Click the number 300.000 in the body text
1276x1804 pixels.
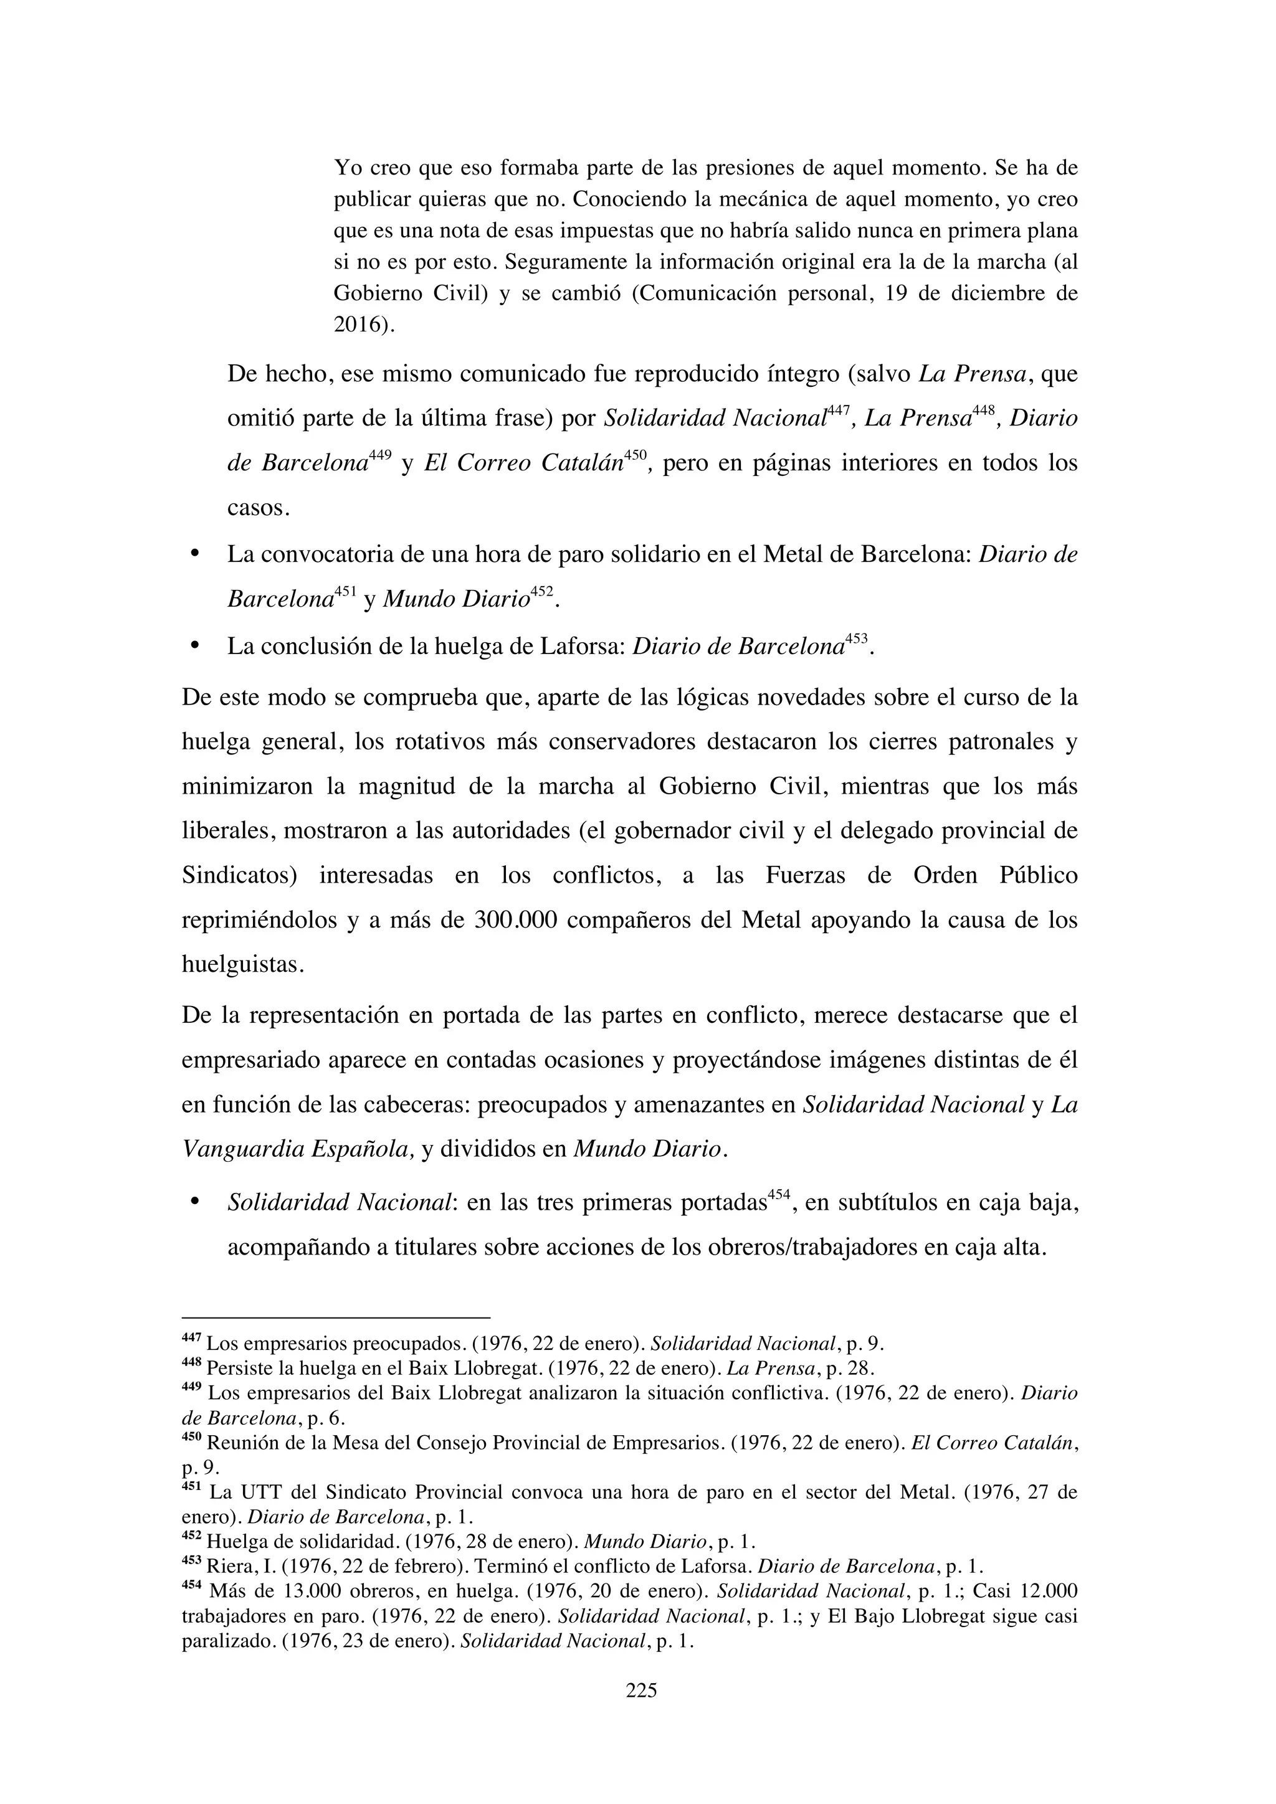pos(517,920)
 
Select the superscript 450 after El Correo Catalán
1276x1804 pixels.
pos(635,455)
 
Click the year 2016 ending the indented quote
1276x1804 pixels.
pos(358,325)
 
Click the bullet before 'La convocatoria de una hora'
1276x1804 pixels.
pos(194,554)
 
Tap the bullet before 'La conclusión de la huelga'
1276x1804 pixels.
pos(194,647)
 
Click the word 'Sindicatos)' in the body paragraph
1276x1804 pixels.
pos(239,875)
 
